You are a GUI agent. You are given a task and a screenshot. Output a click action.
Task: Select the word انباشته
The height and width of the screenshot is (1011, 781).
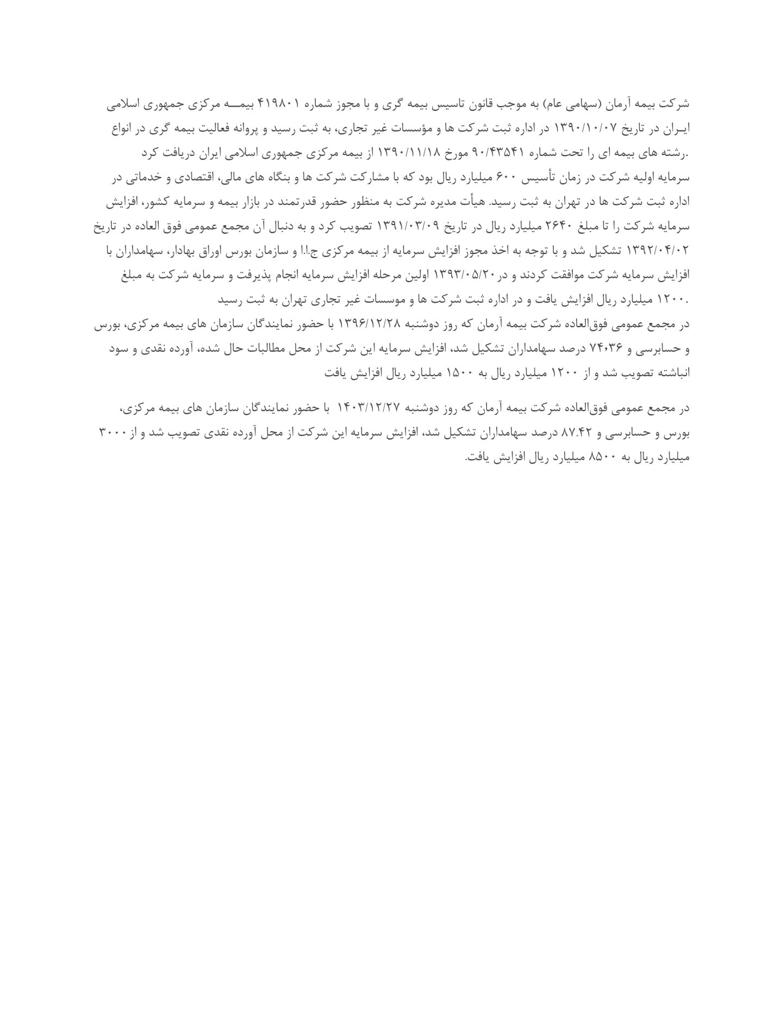pyautogui.click(x=669, y=373)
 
